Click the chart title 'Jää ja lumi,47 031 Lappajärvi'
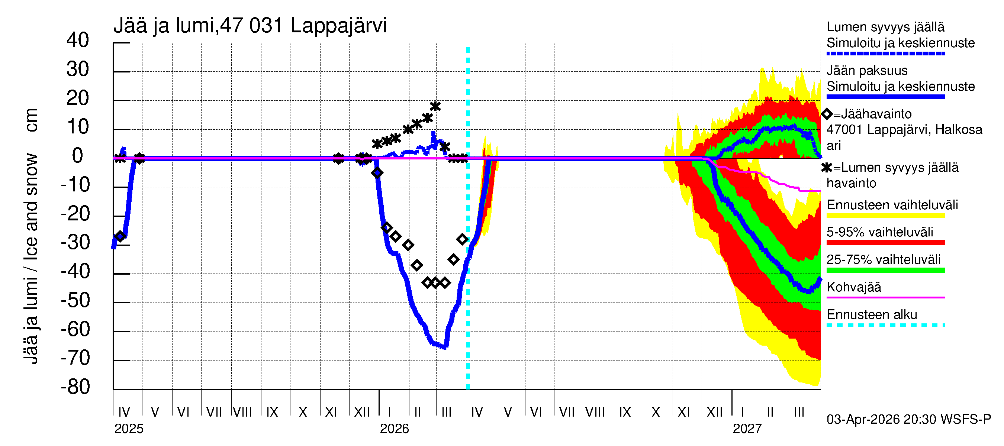pyautogui.click(x=250, y=26)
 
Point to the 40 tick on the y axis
pyautogui.click(x=78, y=41)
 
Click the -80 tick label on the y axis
pyautogui.click(x=75, y=387)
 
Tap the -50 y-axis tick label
pyautogui.click(x=75, y=301)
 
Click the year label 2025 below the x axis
pyautogui.click(x=129, y=429)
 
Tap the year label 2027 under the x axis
pyautogui.click(x=747, y=429)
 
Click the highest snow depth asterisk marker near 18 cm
pyautogui.click(x=435, y=106)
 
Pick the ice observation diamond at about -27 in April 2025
pyautogui.click(x=120, y=236)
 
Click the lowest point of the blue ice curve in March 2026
pyautogui.click(x=444, y=347)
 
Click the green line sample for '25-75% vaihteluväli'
pyautogui.click(x=885, y=270)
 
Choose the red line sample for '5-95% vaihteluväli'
pyautogui.click(x=885, y=243)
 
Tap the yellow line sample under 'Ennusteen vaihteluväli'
pyautogui.click(x=885, y=216)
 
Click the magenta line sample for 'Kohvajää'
pyautogui.click(x=885, y=298)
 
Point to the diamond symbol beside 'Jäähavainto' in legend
pyautogui.click(x=827, y=114)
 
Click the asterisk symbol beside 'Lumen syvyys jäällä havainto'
pyautogui.click(x=827, y=168)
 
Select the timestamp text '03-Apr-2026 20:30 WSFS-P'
pyautogui.click(x=908, y=420)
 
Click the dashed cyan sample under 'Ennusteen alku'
pyautogui.click(x=885, y=325)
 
